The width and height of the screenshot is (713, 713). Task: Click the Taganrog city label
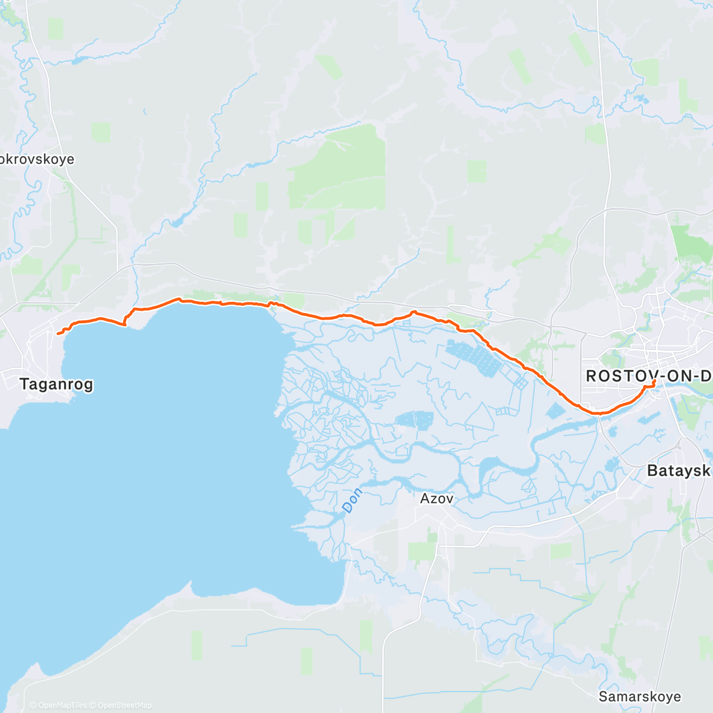[x=56, y=384]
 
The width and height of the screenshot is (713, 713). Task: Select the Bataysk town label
[x=679, y=471]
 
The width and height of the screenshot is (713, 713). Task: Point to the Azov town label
[x=437, y=499]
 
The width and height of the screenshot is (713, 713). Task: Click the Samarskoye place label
[x=640, y=696]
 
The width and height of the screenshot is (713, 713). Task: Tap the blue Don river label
[x=352, y=500]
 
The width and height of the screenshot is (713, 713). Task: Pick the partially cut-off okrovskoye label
[x=37, y=159]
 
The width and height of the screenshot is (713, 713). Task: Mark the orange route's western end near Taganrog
[x=58, y=334]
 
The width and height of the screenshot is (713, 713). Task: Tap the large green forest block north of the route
[x=339, y=172]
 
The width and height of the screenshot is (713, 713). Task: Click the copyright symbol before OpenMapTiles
[x=33, y=705]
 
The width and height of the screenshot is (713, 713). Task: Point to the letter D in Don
[x=346, y=508]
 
